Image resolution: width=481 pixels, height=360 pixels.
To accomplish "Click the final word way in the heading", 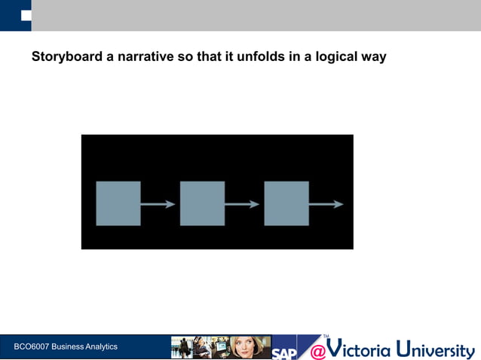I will (373, 56).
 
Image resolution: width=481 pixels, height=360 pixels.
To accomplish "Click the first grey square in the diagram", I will (118, 203).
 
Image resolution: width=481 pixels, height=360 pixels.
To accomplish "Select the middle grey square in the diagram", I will (202, 203).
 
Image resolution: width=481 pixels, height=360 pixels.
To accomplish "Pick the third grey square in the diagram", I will (286, 203).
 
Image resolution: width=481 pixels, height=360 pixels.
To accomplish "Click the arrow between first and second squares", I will (159, 204).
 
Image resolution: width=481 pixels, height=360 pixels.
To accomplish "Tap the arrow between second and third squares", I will (244, 204).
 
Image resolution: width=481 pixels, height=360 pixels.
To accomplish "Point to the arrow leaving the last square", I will (326, 204).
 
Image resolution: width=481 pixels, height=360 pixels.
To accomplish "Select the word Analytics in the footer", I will (100, 346).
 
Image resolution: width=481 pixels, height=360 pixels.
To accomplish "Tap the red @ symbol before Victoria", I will (317, 350).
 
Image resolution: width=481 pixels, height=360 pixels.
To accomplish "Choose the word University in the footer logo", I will (437, 349).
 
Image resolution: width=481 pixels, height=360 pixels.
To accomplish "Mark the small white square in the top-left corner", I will (26, 14).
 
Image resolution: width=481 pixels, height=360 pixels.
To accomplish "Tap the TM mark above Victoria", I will (326, 337).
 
